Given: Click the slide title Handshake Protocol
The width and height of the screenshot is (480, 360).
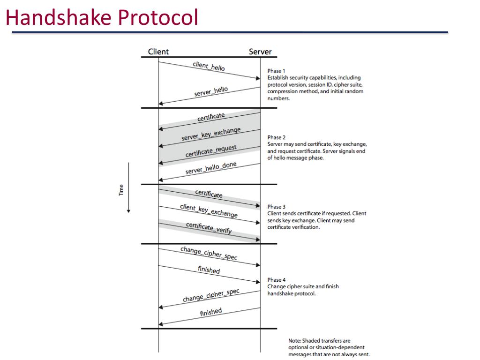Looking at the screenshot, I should coord(102,18).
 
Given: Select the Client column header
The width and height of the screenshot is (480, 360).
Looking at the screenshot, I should coord(158,52).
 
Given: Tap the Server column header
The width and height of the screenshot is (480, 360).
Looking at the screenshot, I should coord(260,52).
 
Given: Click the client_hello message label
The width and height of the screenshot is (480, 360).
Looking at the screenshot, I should coord(209,66).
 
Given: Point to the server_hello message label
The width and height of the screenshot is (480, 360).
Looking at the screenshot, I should coord(211,91).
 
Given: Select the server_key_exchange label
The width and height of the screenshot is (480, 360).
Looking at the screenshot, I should coord(211,134).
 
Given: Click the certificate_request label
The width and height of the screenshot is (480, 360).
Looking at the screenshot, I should coord(211,151).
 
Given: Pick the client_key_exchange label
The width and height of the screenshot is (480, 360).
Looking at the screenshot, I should coord(209,211).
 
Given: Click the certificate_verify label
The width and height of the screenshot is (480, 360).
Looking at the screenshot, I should coord(209,228).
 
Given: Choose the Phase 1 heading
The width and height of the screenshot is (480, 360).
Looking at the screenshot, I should coord(276,71).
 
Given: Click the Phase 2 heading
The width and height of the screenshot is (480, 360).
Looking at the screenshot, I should coord(276,137).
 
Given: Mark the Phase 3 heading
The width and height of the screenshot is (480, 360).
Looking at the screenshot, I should coord(276,207).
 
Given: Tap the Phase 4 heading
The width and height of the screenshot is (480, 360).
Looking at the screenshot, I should coord(276,280).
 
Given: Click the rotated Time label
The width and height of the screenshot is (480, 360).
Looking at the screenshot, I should coord(121,189).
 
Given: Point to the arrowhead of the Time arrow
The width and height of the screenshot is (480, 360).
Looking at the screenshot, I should coord(128,211).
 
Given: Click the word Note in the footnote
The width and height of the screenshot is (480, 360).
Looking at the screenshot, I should coord(294,341).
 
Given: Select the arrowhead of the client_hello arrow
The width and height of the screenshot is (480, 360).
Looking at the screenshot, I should coord(258,78).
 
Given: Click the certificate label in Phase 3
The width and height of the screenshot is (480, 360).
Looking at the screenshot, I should coord(209,193).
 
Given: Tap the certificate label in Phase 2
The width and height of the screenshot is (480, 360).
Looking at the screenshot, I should coord(211,117).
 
